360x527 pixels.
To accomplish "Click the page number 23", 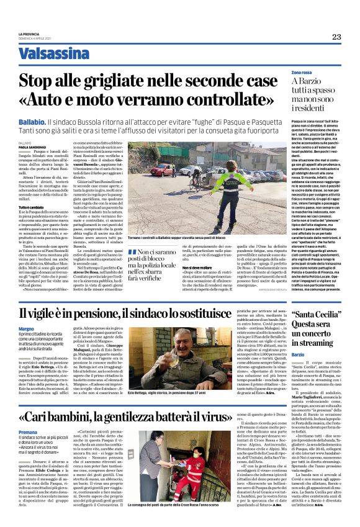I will (336, 37).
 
